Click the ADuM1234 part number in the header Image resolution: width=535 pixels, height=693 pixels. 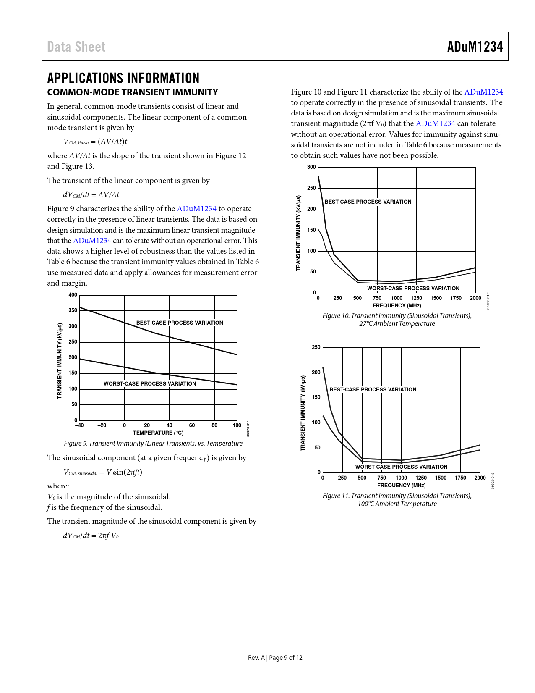(x=475, y=47)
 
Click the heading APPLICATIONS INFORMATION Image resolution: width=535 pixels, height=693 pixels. (x=123, y=78)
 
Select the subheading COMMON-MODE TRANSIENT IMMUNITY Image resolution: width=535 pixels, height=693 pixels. (x=133, y=92)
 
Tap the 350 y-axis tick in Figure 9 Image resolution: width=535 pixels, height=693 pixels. (x=73, y=310)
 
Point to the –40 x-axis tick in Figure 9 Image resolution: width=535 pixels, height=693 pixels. (x=79, y=425)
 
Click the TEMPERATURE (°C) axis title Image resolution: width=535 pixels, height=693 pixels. (x=158, y=433)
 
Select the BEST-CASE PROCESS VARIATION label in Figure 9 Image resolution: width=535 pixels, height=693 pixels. (x=180, y=323)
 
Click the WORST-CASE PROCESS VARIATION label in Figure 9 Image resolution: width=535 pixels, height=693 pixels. (x=150, y=384)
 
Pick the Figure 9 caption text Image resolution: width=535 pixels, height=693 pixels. (x=153, y=444)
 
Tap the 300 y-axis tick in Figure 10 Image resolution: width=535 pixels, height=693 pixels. (x=311, y=167)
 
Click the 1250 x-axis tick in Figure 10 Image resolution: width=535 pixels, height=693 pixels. (x=416, y=298)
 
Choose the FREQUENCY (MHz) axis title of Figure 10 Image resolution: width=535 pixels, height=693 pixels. (x=397, y=306)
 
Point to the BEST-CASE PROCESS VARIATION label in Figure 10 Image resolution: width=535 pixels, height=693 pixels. (x=368, y=202)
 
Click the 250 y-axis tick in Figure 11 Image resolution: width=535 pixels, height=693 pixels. (x=316, y=347)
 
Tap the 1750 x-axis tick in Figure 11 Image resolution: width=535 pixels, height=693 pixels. (x=460, y=478)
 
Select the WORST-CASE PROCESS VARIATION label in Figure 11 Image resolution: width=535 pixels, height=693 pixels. (x=401, y=467)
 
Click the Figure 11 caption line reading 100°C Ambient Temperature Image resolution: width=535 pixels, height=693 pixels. (x=397, y=504)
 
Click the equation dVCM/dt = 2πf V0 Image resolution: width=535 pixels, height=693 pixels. (x=91, y=536)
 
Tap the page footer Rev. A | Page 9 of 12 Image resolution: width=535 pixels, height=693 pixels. (x=275, y=658)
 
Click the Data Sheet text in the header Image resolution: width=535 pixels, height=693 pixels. (x=76, y=47)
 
